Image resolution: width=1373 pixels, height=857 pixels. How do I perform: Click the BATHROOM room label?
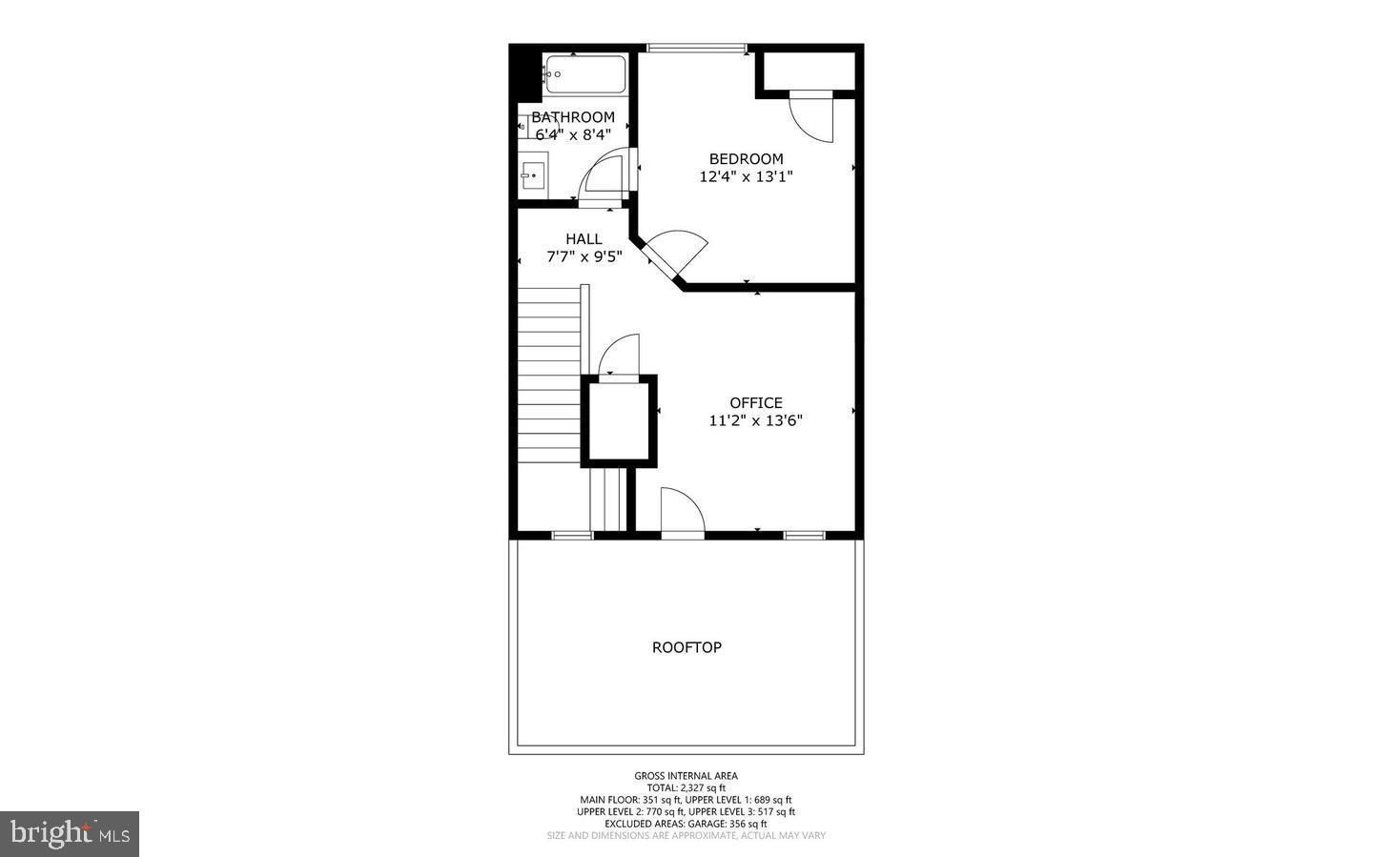(x=573, y=117)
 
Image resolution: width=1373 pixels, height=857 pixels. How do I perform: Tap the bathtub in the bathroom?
(x=584, y=74)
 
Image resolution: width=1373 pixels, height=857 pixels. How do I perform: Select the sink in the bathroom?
(x=533, y=176)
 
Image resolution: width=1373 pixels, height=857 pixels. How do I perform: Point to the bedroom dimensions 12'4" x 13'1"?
(x=746, y=176)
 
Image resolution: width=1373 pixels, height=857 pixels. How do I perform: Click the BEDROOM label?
(x=746, y=159)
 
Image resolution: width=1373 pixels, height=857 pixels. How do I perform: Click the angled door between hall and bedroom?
(x=677, y=253)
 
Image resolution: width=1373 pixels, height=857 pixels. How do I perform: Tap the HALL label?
(x=584, y=239)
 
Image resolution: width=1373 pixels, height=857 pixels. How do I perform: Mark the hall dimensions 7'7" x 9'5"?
(x=584, y=256)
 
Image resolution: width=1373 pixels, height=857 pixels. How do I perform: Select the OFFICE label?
(x=756, y=403)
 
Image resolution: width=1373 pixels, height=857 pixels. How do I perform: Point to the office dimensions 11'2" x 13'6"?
(x=756, y=420)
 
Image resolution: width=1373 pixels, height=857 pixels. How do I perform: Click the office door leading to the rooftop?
(x=681, y=513)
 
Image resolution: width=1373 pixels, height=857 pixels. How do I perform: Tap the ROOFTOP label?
(x=686, y=647)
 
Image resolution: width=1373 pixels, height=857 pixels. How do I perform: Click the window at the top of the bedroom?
(x=697, y=48)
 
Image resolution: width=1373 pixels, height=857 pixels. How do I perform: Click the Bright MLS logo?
(x=70, y=834)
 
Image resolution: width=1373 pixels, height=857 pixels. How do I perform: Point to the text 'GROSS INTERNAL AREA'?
(x=686, y=776)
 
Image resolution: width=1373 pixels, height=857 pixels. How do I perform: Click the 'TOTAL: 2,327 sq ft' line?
(x=686, y=787)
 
